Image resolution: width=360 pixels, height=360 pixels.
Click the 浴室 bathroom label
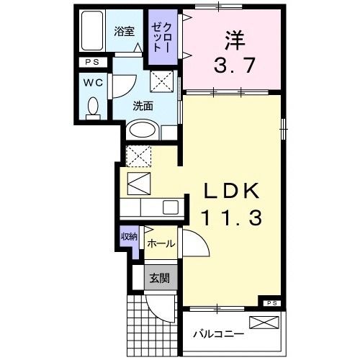[x=125, y=31]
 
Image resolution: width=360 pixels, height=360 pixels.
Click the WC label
[x=93, y=83]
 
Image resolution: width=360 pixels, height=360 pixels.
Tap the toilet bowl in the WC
[x=92, y=107]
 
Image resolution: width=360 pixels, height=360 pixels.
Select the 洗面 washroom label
[x=143, y=105]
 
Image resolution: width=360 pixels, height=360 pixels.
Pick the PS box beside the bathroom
[x=93, y=63]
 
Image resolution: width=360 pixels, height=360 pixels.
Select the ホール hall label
[x=160, y=244]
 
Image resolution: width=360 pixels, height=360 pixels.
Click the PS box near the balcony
[x=271, y=303]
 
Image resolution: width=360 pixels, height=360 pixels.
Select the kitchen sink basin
[x=170, y=207]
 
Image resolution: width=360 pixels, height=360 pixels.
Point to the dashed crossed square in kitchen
[x=137, y=155]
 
